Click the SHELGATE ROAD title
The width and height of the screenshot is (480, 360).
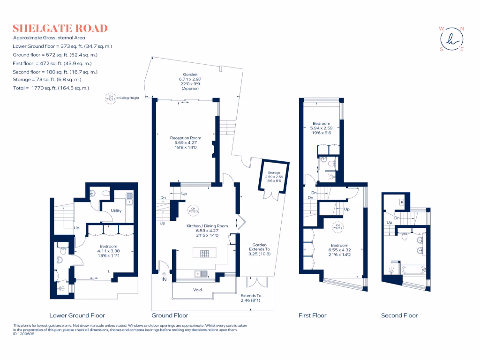click(x=60, y=28)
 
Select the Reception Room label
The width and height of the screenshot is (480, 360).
click(x=186, y=138)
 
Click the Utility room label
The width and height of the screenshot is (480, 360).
click(x=116, y=210)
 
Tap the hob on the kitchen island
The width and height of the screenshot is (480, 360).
click(x=204, y=254)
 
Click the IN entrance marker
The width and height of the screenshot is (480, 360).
click(x=164, y=279)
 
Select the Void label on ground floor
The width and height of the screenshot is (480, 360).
click(x=197, y=290)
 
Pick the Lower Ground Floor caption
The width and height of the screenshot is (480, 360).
click(x=77, y=315)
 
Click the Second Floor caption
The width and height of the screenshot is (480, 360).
click(x=399, y=315)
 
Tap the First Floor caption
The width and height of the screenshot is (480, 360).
click(x=313, y=315)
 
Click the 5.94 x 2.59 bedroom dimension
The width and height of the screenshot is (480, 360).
click(x=322, y=128)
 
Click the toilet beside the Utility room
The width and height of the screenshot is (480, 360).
click(x=106, y=193)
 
